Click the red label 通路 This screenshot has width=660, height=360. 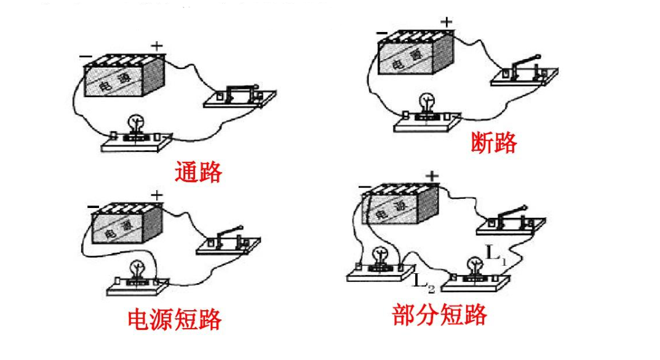coord(197,172)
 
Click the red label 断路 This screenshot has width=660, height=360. coord(493,142)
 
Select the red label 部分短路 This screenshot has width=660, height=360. coord(439,314)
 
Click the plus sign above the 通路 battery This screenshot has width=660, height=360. coord(157,45)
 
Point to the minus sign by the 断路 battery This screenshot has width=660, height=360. coord(382,32)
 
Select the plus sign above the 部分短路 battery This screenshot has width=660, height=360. coord(432,176)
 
